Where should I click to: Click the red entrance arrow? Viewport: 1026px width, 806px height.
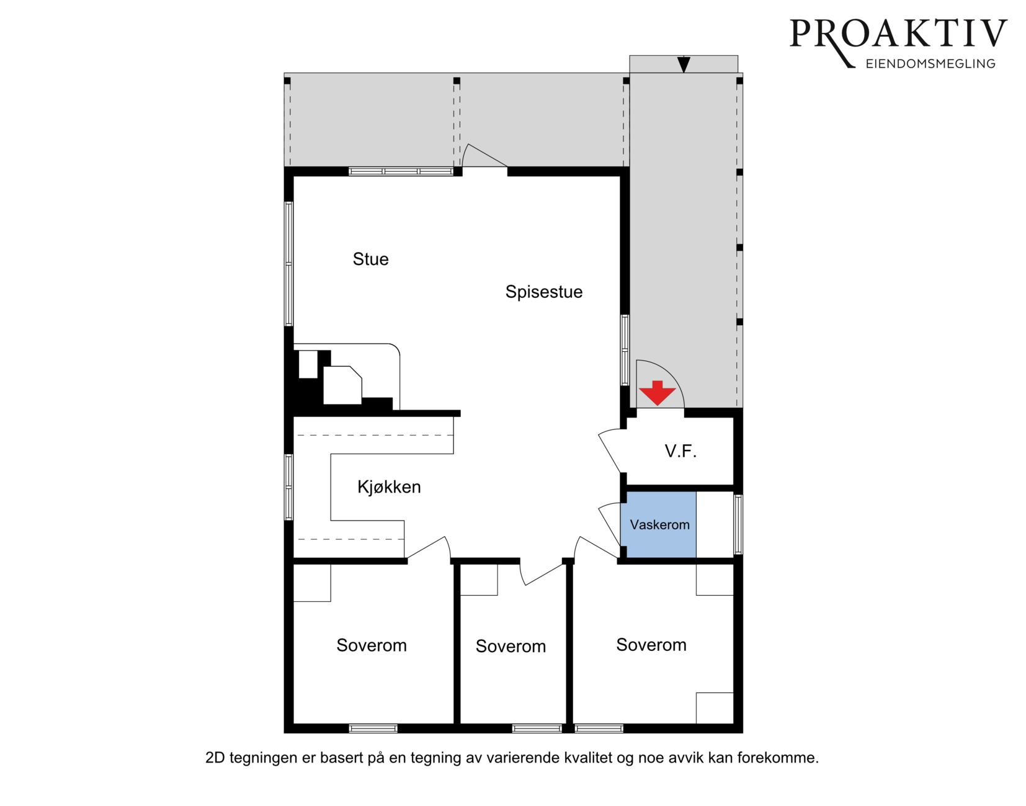pyautogui.click(x=658, y=393)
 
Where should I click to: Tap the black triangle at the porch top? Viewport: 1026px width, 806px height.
pyautogui.click(x=684, y=64)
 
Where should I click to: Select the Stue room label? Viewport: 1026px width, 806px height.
pyautogui.click(x=371, y=259)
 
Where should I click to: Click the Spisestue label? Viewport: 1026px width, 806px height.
pyautogui.click(x=544, y=292)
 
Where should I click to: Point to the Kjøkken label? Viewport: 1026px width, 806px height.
pyautogui.click(x=389, y=487)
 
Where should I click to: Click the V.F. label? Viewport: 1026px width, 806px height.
pyautogui.click(x=680, y=452)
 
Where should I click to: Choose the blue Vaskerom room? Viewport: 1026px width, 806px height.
pyautogui.click(x=658, y=524)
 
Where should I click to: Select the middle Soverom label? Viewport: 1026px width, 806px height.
pyautogui.click(x=511, y=647)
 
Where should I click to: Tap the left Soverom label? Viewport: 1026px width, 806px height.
pyautogui.click(x=372, y=645)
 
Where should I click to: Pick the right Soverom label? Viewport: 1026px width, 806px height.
pyautogui.click(x=651, y=645)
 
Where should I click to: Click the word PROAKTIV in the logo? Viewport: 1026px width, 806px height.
pyautogui.click(x=898, y=34)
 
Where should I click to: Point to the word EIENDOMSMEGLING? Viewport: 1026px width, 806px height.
pyautogui.click(x=930, y=64)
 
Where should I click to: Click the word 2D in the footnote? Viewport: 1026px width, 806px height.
pyautogui.click(x=215, y=758)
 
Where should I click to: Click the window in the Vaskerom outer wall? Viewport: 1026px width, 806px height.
pyautogui.click(x=738, y=524)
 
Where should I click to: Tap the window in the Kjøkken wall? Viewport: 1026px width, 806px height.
pyautogui.click(x=288, y=487)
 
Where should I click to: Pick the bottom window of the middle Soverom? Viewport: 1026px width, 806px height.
pyautogui.click(x=537, y=728)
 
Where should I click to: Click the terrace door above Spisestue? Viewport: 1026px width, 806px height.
pyautogui.click(x=485, y=156)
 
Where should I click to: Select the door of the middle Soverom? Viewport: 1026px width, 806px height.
pyautogui.click(x=543, y=573)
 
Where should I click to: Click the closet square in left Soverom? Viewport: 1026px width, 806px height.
pyautogui.click(x=312, y=583)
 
